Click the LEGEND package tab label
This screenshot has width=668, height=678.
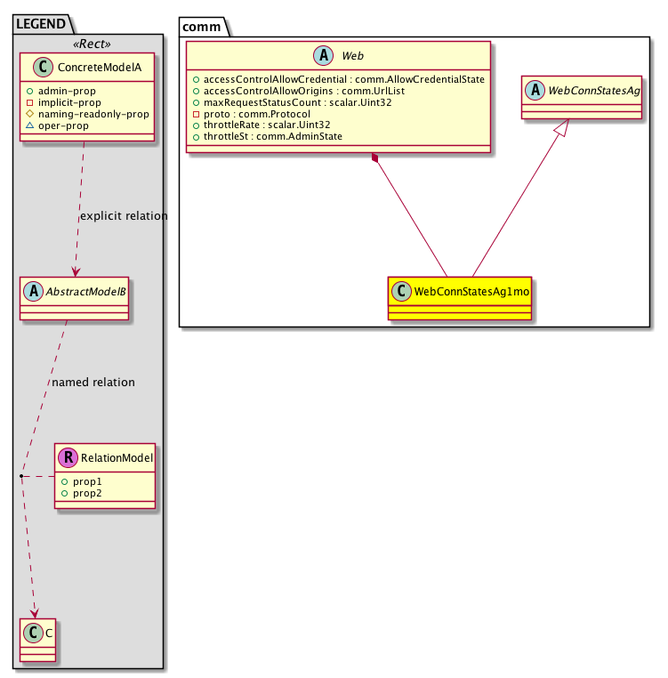(41, 23)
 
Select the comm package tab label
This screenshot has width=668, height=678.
(202, 27)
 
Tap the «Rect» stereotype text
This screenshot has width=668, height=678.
(92, 44)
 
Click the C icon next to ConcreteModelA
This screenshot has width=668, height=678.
(43, 67)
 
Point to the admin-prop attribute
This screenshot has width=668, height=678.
(67, 91)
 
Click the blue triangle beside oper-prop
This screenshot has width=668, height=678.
(30, 125)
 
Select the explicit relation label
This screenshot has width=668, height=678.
(124, 215)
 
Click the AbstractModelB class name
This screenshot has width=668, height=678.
(86, 292)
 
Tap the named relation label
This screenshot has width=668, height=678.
(93, 383)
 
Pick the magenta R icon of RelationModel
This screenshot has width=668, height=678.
(68, 457)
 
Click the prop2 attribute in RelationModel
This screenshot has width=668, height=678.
(87, 493)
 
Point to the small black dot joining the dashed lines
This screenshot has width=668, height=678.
(21, 476)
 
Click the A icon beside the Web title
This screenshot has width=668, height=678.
(324, 55)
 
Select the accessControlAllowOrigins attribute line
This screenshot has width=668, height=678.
(304, 91)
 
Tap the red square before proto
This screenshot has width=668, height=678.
(196, 114)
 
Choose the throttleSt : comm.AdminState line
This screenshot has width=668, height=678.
(273, 137)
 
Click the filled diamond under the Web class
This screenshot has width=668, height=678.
(374, 157)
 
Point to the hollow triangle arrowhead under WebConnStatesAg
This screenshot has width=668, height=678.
(562, 127)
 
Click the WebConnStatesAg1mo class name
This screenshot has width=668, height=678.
(471, 292)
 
